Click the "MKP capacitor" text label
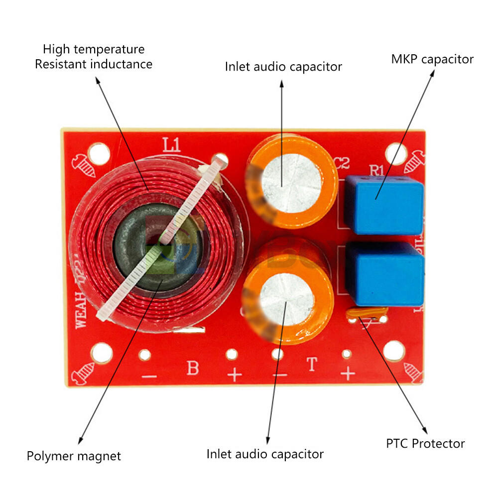point(432,59)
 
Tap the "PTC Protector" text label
point(425,443)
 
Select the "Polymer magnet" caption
point(74,456)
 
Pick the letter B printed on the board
point(193,368)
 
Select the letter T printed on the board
point(312,365)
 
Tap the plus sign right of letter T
point(348,373)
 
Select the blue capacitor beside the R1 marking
point(384,204)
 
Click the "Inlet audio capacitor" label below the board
point(265,454)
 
